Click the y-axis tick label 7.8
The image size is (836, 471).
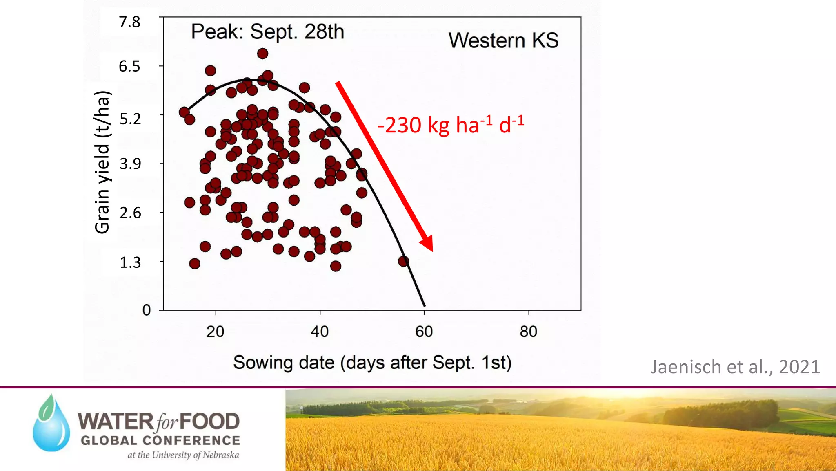click(129, 22)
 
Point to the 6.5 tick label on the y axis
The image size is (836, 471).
click(129, 66)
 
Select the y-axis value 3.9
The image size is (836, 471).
click(130, 164)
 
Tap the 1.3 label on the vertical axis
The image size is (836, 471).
click(130, 262)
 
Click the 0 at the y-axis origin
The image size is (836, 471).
click(147, 310)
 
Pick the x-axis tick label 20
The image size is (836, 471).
click(215, 332)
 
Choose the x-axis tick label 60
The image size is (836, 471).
click(424, 332)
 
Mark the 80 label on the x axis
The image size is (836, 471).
click(529, 332)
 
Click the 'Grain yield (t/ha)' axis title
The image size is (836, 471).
click(102, 162)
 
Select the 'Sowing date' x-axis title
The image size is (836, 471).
click(372, 363)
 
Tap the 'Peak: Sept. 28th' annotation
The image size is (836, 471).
click(267, 32)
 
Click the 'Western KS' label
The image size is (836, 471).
click(503, 40)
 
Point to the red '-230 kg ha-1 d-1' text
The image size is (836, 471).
click(451, 124)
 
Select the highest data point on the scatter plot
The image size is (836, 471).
click(262, 54)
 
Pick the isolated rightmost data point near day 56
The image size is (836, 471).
click(403, 261)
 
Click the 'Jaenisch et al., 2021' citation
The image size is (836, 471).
click(735, 367)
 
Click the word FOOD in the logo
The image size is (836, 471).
click(209, 422)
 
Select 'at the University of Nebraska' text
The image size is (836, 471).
click(183, 455)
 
